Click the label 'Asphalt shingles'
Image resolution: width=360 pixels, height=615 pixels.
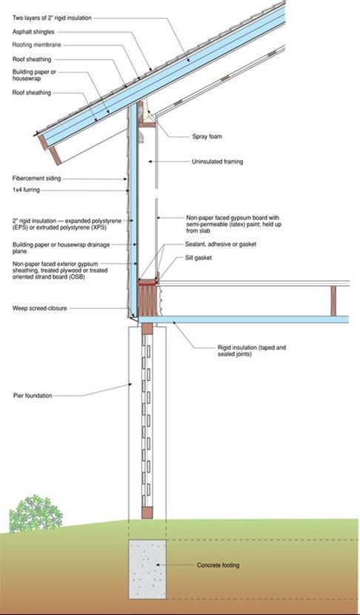[x=33, y=32]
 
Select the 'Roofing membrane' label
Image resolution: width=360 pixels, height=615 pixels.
[x=37, y=45]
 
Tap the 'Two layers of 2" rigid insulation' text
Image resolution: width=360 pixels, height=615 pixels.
[x=52, y=18]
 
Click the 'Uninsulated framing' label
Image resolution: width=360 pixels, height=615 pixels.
[x=217, y=162]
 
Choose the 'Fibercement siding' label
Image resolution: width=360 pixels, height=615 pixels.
[x=37, y=179]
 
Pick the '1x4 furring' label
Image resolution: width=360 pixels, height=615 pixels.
[x=26, y=190]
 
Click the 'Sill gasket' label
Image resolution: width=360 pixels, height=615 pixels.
[x=199, y=258]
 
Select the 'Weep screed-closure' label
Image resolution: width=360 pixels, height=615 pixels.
[x=39, y=308]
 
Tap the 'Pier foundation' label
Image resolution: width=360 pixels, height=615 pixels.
[x=32, y=396]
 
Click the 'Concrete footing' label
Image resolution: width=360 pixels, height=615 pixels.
[x=218, y=565]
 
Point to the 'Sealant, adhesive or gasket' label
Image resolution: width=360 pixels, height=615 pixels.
[x=221, y=245]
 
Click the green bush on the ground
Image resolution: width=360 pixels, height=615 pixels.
[x=36, y=513]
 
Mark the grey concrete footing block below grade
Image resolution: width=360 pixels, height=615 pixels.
[x=147, y=569]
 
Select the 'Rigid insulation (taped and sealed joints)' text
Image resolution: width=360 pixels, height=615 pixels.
[x=252, y=350]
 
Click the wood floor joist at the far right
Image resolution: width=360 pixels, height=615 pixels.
[x=333, y=301]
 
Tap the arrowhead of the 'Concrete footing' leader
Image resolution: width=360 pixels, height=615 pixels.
[x=157, y=565]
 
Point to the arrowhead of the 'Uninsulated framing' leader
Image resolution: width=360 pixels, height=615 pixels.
[x=150, y=162]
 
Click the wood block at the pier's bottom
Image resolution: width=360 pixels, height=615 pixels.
[x=147, y=513]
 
